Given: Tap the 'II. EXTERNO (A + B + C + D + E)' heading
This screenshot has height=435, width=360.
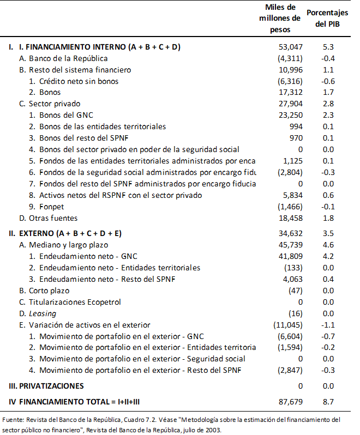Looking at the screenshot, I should pos(65,234).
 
